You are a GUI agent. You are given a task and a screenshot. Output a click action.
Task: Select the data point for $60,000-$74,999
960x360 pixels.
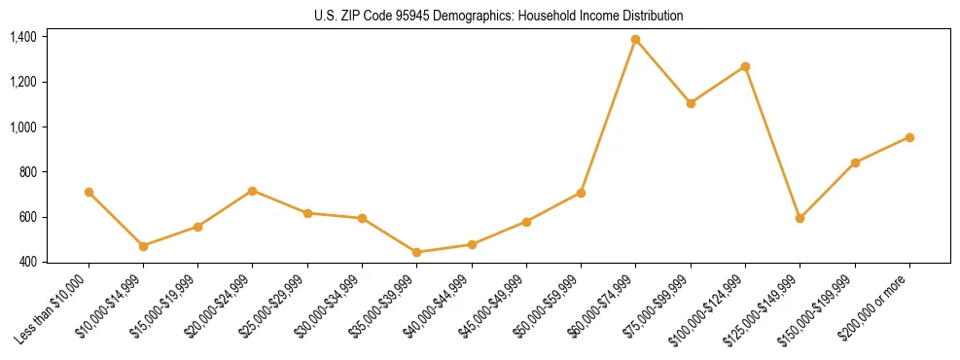(636, 39)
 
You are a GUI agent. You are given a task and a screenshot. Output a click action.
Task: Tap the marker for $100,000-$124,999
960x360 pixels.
(745, 66)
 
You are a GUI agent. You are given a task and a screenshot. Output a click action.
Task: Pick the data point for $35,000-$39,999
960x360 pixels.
(417, 252)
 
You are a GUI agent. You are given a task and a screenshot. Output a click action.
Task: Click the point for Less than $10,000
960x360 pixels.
(89, 192)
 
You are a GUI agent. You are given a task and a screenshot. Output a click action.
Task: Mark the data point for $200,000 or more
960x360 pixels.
(909, 137)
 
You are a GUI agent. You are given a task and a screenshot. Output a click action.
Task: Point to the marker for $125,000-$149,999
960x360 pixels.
(800, 218)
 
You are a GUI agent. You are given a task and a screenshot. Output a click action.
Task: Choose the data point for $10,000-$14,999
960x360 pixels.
(143, 246)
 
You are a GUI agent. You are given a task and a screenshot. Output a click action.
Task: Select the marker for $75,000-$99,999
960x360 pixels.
(691, 102)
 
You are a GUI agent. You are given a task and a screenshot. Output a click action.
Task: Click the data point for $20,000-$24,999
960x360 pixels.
(253, 191)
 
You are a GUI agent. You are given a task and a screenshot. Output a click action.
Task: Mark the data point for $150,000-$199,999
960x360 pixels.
(855, 162)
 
